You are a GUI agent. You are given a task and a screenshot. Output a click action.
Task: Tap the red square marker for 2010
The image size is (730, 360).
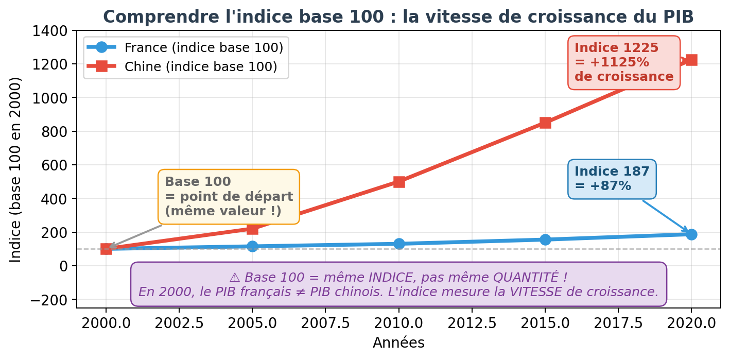point(399,182)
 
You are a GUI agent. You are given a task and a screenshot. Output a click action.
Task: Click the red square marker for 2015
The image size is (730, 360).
point(545,123)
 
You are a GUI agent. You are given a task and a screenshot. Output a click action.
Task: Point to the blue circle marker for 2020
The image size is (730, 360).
point(691,234)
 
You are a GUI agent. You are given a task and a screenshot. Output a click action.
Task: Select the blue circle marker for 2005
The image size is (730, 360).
point(252,246)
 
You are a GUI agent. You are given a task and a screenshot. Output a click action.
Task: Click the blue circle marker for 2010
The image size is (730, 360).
point(399,244)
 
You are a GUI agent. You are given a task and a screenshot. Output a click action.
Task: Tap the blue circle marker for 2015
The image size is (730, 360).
point(545,239)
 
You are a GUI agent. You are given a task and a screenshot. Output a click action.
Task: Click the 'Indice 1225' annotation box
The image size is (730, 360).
point(623,62)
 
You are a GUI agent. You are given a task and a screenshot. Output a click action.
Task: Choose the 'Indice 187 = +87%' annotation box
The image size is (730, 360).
point(612,179)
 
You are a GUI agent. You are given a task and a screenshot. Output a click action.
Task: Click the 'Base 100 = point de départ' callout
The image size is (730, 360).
point(229,197)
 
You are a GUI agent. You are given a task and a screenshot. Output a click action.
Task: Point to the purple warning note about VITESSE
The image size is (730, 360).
point(398,284)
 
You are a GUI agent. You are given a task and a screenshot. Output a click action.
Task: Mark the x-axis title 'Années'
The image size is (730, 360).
point(398,343)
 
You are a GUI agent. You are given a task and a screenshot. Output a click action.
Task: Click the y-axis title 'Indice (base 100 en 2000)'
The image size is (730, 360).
point(16,169)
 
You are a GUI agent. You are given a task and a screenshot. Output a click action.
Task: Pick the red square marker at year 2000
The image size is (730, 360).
point(106,249)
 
